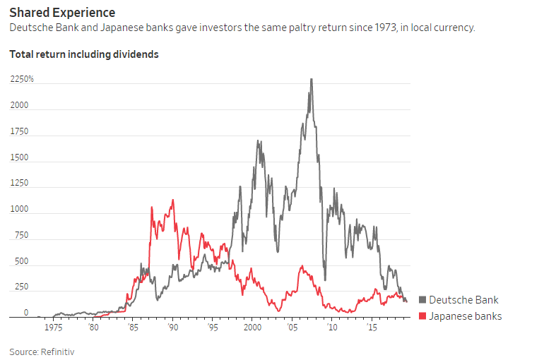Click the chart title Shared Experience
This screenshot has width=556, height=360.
62,13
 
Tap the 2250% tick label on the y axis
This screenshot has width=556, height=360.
22,80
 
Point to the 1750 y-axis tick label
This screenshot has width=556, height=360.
19,131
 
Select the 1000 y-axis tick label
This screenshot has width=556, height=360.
19,210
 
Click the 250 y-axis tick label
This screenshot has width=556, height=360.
20,287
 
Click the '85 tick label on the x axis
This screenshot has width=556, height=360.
131,328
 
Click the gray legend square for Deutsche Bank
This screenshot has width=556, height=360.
422,300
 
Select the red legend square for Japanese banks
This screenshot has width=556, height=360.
422,316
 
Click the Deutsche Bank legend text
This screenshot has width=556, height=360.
463,300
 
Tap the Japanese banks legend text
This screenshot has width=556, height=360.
465,316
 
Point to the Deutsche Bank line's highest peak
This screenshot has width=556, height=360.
311,79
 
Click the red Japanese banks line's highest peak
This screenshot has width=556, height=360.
172,200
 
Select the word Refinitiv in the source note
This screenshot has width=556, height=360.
59,351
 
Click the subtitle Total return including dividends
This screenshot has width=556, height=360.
83,54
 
